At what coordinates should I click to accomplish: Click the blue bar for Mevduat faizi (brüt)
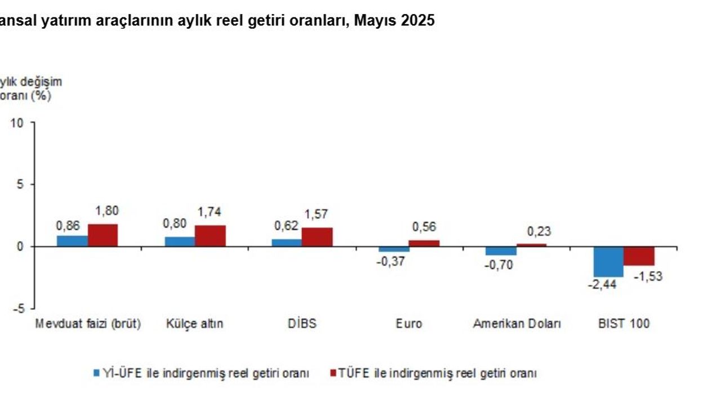(72, 241)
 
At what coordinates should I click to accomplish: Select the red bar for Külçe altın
(210, 236)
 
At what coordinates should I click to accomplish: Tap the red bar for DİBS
(317, 237)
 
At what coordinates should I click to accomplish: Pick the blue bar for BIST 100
(608, 262)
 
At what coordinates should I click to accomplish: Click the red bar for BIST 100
(639, 256)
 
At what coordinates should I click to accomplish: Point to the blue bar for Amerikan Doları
(501, 251)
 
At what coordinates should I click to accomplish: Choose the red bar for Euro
(424, 243)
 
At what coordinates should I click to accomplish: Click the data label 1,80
(107, 211)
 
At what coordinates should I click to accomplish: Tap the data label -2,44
(602, 285)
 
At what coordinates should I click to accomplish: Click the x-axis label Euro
(408, 324)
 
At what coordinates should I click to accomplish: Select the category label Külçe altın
(194, 324)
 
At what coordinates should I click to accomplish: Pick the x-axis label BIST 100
(624, 324)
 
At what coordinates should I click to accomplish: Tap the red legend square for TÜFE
(332, 373)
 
